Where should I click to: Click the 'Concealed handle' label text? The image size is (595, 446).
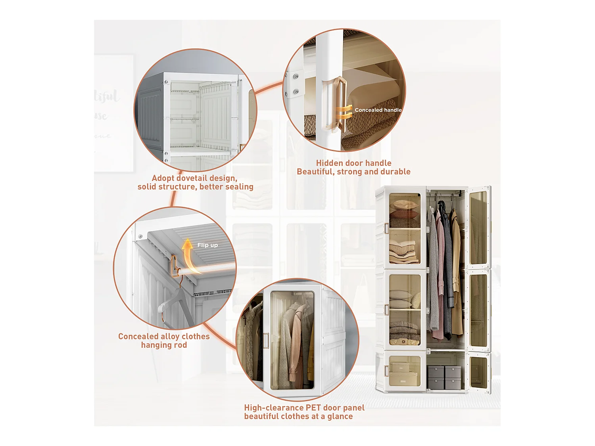tap(378, 110)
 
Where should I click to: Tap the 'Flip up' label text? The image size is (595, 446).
tap(207, 245)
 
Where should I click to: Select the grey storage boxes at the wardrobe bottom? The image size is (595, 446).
tap(444, 377)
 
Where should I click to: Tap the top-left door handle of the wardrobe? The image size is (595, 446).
tap(386, 228)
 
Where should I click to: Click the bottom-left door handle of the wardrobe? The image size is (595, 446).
tap(386, 371)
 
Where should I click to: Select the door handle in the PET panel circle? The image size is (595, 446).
tap(266, 341)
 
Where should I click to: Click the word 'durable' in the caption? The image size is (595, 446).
tap(395, 172)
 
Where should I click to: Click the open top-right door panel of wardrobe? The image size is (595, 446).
tap(478, 228)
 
